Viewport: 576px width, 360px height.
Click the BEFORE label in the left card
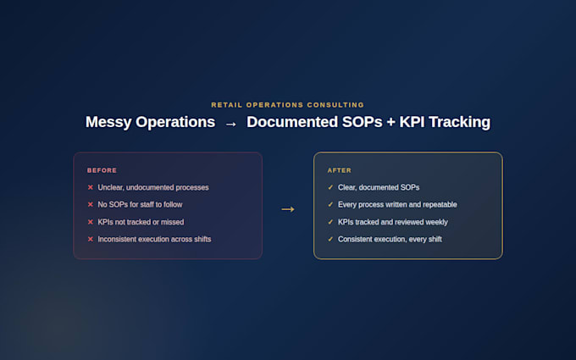pos(102,170)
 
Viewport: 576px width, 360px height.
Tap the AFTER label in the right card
pos(340,170)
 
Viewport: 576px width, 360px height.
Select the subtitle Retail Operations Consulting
pos(288,105)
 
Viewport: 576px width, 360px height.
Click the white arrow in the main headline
pos(230,125)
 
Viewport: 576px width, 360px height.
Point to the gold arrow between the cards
pos(288,209)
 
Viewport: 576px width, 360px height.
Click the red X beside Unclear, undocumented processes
pos(91,187)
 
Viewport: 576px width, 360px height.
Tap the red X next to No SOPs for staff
pos(91,204)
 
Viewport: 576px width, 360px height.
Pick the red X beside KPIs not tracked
pos(91,222)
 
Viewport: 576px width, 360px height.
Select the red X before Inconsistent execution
pos(91,239)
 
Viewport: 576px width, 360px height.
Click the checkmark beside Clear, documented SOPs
pos(330,187)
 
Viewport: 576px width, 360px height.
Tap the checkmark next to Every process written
pos(330,204)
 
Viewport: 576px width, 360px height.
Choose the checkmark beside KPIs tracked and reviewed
pos(330,222)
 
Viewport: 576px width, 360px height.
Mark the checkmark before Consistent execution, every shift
pos(330,239)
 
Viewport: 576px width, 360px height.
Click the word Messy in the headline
pos(108,122)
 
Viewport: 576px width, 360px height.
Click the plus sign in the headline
pos(390,123)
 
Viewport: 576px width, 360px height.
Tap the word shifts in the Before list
pos(202,239)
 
